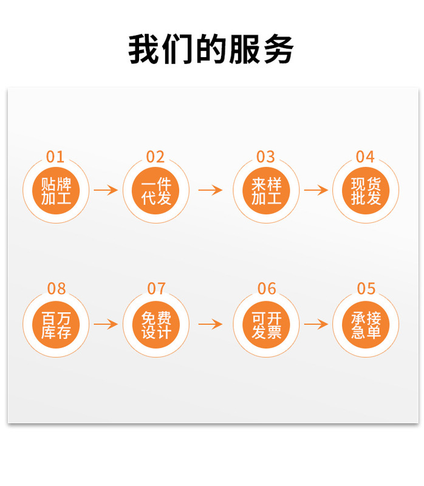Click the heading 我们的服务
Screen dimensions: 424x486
pyautogui.click(x=211, y=49)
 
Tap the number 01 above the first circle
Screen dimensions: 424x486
pyautogui.click(x=55, y=157)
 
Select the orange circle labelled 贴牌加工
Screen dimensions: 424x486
pyautogui.click(x=56, y=190)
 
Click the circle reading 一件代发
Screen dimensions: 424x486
pyautogui.click(x=156, y=190)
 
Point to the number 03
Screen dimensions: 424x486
pyautogui.click(x=265, y=157)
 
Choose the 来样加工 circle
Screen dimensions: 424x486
pyautogui.click(x=266, y=190)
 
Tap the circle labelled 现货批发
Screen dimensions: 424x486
pyautogui.click(x=366, y=190)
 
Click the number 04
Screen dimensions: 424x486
pyautogui.click(x=365, y=157)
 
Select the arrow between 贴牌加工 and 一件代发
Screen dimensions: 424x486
pyautogui.click(x=106, y=190)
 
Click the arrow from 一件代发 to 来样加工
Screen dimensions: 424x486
pyautogui.click(x=210, y=190)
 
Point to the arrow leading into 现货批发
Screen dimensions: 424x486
pyautogui.click(x=316, y=190)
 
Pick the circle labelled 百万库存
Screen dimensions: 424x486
pyautogui.click(x=56, y=324)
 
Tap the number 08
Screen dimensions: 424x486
pyautogui.click(x=56, y=289)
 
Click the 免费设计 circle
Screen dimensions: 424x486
pyautogui.click(x=156, y=324)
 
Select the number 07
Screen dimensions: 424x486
pyautogui.click(x=156, y=289)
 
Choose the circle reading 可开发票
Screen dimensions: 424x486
pyautogui.click(x=266, y=324)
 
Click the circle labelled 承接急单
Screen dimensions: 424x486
pyautogui.click(x=366, y=324)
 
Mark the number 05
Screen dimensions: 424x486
pyautogui.click(x=366, y=289)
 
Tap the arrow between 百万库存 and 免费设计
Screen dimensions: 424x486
pyautogui.click(x=106, y=324)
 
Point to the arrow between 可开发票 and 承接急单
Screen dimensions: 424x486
pyautogui.click(x=316, y=324)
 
